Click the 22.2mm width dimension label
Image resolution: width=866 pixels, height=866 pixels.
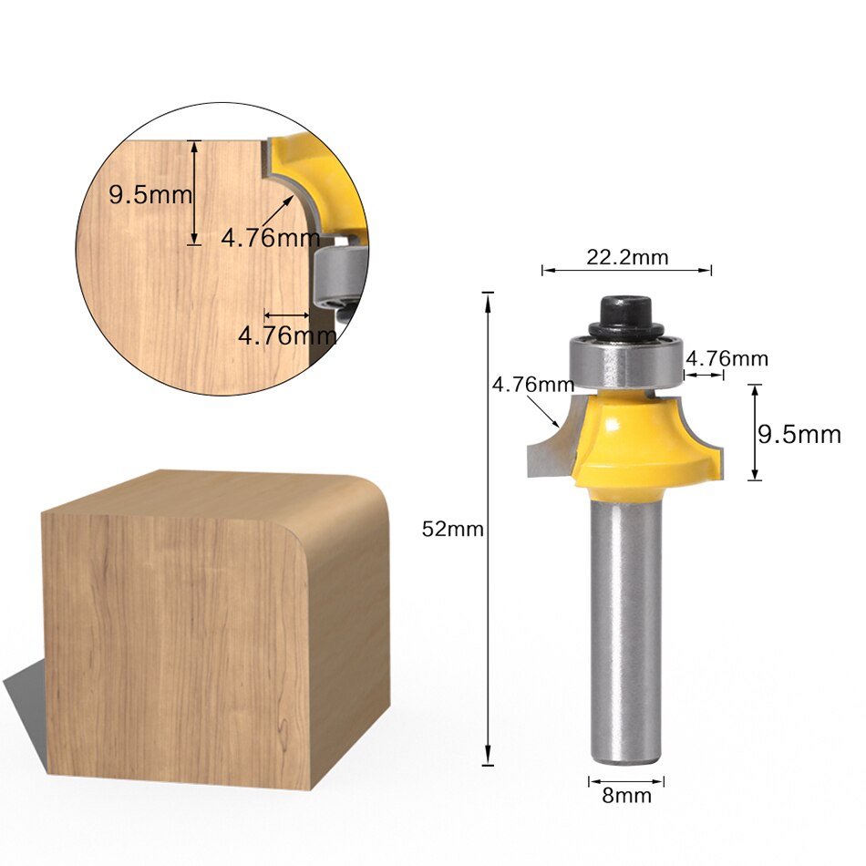[x=626, y=257]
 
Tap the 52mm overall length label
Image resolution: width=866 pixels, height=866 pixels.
[x=452, y=529]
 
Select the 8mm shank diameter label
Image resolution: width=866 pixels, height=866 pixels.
[x=626, y=796]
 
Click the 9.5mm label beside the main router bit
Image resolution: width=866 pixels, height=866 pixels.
[x=799, y=434]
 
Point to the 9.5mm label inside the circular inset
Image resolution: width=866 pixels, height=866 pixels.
[x=150, y=194]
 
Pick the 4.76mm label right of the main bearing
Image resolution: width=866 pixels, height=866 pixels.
[x=727, y=358]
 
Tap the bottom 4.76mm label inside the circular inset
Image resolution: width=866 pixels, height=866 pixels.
[x=286, y=335]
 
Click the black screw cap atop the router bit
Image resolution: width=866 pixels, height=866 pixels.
[x=624, y=316]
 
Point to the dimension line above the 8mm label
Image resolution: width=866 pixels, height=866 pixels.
[x=626, y=780]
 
